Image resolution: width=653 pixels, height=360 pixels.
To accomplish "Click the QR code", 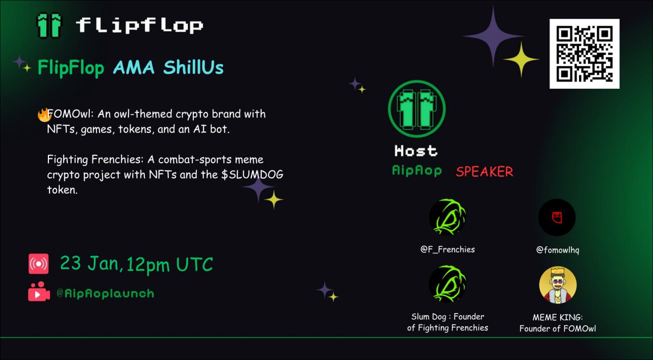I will pos(584,54).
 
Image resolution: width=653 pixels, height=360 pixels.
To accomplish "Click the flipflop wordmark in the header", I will pos(139,25).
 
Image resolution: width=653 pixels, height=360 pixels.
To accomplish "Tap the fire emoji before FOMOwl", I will pos(43,114).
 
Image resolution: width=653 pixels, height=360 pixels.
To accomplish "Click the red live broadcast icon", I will pos(39,264).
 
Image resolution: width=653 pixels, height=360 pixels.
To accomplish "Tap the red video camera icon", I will pos(39,293).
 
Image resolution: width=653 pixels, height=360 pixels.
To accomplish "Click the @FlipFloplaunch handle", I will pos(105,294).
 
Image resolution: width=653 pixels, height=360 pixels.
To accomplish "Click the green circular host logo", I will pos(417,108).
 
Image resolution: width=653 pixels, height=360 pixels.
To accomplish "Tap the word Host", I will pos(416,151).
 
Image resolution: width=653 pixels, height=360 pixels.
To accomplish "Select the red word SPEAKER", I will pos(484,172).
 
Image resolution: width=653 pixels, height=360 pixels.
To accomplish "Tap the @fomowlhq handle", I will pos(557,250).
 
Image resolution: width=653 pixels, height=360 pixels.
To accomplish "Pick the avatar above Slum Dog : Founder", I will pos(447,284).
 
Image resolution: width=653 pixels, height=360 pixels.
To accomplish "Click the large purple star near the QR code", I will pos(493,36).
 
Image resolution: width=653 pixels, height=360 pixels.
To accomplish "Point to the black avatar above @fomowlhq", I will pos(557,218).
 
